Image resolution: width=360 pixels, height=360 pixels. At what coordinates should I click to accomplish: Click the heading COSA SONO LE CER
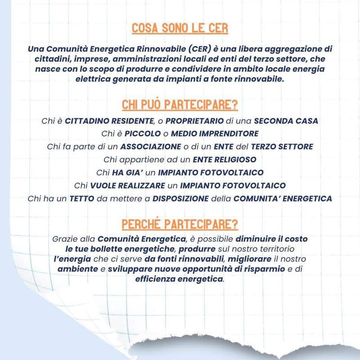tap(180, 28)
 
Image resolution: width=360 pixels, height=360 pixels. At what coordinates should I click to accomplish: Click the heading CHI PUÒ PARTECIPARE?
tap(180, 105)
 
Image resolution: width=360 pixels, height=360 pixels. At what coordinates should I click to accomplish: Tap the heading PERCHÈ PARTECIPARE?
tap(180, 223)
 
